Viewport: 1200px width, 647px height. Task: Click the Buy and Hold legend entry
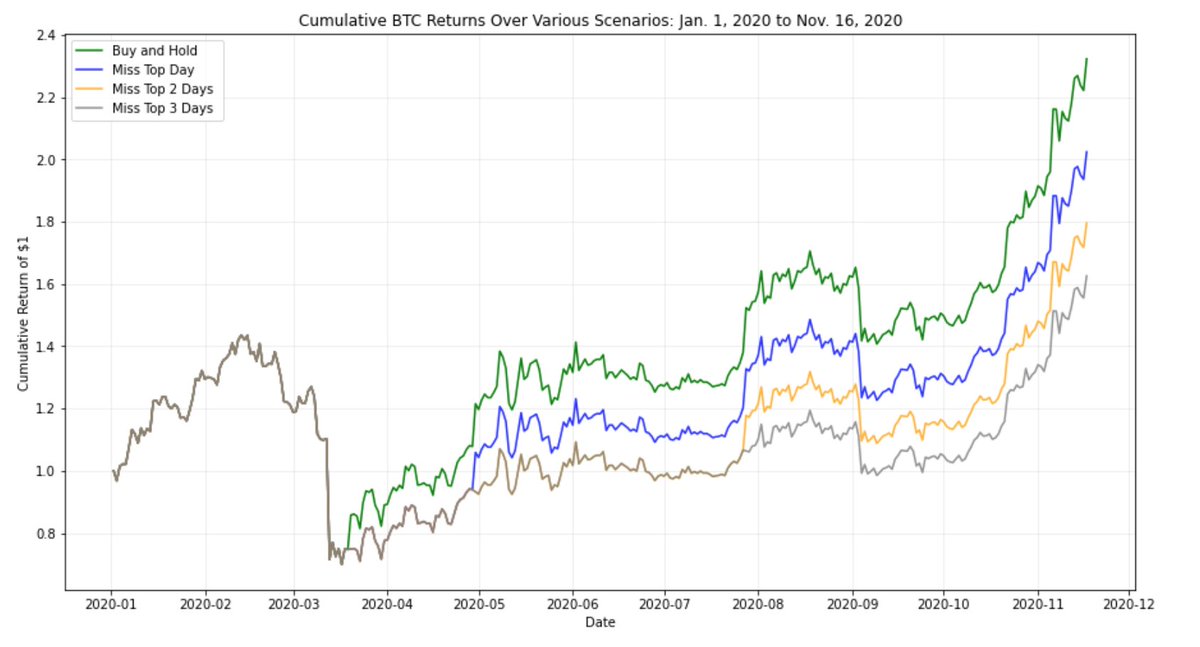coord(155,50)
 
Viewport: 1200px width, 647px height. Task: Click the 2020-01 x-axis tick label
coord(112,604)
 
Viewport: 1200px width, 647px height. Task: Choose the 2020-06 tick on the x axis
coord(573,604)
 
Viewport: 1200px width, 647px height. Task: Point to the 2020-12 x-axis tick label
coord(1130,604)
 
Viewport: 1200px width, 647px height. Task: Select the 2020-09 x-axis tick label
coord(853,604)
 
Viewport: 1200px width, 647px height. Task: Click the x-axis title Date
coord(600,623)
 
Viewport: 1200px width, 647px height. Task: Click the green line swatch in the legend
coord(93,50)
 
